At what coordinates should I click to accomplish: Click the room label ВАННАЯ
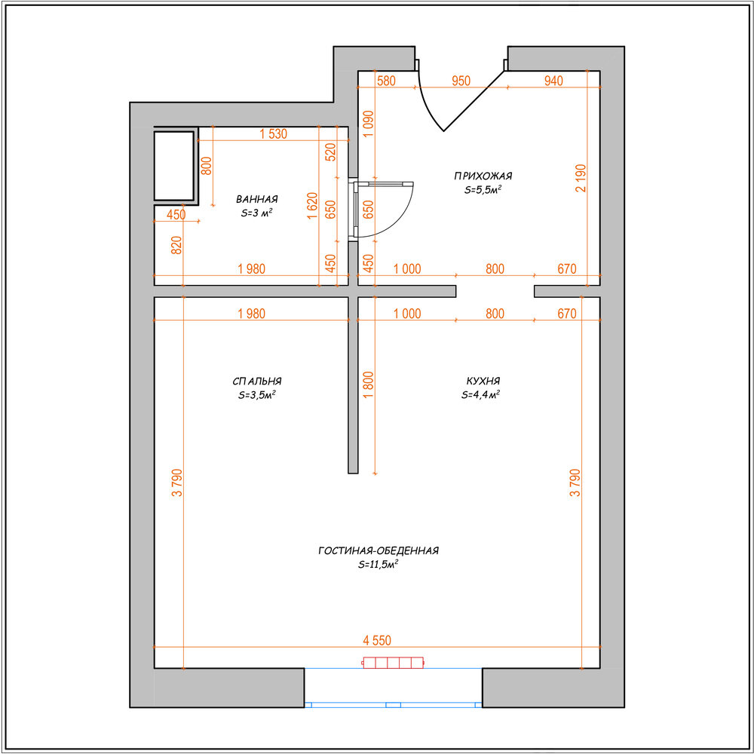[257, 199]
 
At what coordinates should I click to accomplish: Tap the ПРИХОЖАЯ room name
[483, 176]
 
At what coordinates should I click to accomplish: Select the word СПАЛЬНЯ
[257, 382]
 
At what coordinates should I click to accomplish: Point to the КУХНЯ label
[483, 381]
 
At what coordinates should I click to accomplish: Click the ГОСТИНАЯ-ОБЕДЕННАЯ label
[379, 550]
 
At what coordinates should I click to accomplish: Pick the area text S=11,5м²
[379, 565]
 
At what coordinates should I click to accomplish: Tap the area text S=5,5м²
[483, 189]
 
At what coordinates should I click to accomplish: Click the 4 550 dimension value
[377, 640]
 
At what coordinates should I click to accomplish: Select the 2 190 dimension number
[581, 179]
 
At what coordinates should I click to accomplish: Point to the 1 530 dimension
[273, 133]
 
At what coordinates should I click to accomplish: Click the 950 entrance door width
[461, 81]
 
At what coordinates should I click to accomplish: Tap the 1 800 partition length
[369, 385]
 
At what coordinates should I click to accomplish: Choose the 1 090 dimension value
[369, 124]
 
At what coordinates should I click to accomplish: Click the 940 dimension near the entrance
[553, 81]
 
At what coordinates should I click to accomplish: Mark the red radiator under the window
[393, 663]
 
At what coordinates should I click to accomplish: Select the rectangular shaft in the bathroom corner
[173, 166]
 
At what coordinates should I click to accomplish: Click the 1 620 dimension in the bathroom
[312, 206]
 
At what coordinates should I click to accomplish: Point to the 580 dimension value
[386, 81]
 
